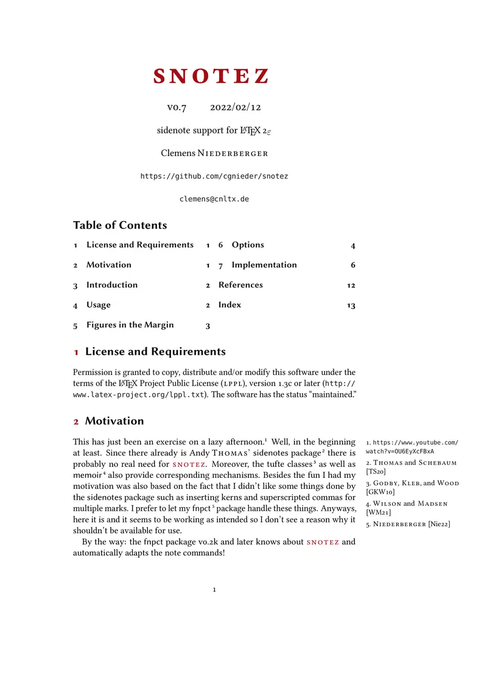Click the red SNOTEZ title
point(211,77)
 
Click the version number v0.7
point(177,107)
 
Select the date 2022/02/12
point(236,107)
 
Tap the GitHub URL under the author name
point(214,176)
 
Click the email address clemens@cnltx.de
point(214,199)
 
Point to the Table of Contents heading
point(120,226)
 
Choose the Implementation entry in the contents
point(264,265)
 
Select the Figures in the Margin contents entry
point(130,325)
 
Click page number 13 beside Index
point(351,305)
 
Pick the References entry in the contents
point(240,285)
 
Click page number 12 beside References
point(351,285)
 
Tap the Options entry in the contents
point(248,245)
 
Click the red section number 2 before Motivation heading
point(76,422)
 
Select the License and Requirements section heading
point(155,352)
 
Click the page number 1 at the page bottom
point(214,590)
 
